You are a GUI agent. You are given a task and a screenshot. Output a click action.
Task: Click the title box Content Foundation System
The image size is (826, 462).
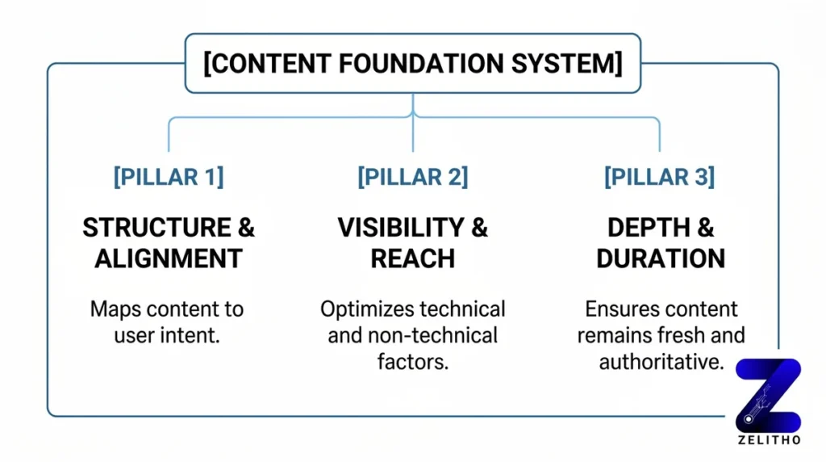tap(413, 64)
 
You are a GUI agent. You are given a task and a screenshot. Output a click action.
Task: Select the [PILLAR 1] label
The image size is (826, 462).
tap(169, 177)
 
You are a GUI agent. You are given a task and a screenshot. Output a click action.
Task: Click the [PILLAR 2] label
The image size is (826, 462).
tap(413, 177)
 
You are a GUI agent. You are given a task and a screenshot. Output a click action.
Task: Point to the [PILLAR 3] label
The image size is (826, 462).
tap(659, 177)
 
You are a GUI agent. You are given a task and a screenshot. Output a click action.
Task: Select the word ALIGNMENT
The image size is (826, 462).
tap(169, 258)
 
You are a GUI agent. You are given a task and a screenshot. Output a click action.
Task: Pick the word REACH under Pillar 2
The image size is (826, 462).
tap(413, 258)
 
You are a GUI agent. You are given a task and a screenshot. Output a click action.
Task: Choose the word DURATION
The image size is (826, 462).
tap(660, 258)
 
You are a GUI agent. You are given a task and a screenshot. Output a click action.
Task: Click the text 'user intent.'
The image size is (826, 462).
tap(169, 335)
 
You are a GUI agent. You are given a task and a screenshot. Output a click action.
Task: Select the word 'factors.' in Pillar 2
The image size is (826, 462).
tap(413, 361)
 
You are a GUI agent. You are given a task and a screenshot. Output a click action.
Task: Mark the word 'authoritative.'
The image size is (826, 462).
tap(660, 361)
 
